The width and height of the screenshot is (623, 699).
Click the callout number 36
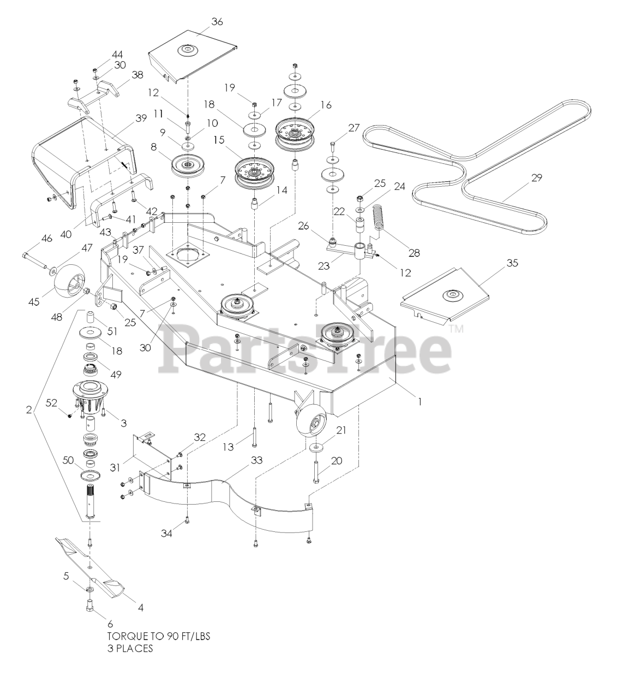(217, 22)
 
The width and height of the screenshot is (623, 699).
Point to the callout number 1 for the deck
(419, 401)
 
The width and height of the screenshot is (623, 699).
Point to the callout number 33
(256, 460)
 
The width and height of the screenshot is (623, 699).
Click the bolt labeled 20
(316, 470)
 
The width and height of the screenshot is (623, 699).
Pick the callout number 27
(354, 128)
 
